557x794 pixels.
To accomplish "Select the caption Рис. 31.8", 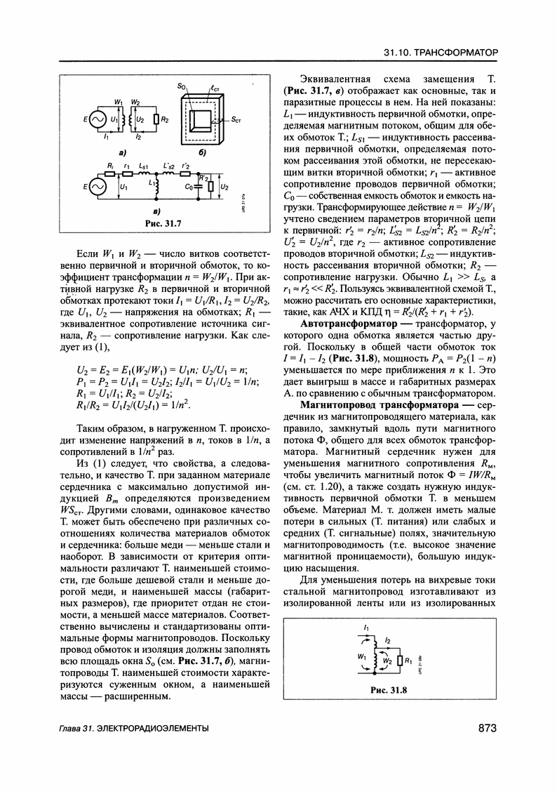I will click(389, 689).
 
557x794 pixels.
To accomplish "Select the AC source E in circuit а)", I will click(95, 120).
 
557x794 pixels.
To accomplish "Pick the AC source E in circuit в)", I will click(95, 187).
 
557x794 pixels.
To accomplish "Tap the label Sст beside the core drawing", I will click(236, 120).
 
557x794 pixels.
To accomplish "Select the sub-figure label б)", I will click(201, 151).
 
